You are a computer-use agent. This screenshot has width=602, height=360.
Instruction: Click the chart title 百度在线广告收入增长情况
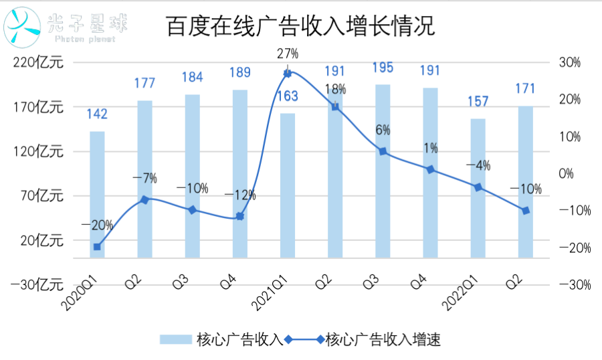coord(301,27)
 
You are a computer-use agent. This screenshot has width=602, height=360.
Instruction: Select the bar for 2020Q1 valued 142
coord(97,194)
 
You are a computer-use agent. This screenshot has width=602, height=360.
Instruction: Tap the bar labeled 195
coord(383,171)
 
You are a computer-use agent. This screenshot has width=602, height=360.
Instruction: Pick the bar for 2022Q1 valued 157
coord(478,188)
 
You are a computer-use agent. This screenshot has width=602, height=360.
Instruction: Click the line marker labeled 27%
coord(288,73)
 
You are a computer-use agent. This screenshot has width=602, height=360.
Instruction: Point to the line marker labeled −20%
coord(97,247)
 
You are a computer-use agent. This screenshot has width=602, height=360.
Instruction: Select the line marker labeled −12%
coord(239,216)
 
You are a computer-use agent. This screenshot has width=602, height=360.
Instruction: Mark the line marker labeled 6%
coord(383,151)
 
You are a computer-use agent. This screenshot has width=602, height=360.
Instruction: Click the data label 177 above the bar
coord(144,84)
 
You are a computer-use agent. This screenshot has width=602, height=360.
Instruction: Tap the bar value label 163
coord(288,96)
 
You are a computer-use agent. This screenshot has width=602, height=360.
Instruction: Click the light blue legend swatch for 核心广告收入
coord(175,340)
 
